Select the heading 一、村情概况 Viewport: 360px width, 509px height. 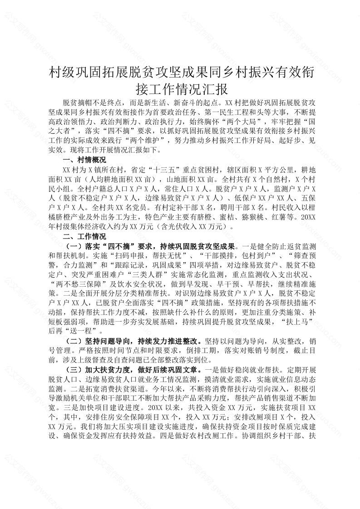pos(84,160)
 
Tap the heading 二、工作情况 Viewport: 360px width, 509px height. pos(84,236)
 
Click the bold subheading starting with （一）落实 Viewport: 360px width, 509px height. pos(152,246)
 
